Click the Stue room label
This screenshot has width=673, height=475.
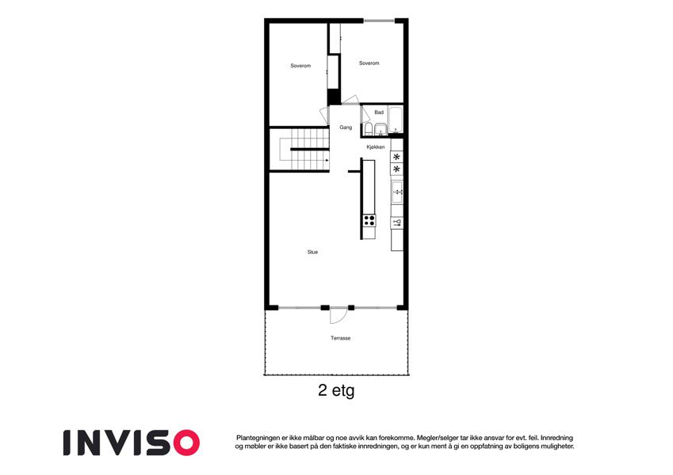[x=312, y=252]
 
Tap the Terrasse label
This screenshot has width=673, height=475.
[x=340, y=338]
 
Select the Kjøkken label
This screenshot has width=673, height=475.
[x=376, y=147]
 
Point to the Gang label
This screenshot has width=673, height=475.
[x=346, y=127]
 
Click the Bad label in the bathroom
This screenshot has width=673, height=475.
[x=379, y=112]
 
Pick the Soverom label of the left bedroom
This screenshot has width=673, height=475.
[x=300, y=66]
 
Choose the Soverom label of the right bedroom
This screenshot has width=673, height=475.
[x=369, y=63]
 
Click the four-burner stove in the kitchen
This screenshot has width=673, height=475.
[x=369, y=220]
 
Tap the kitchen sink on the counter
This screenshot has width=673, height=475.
[x=397, y=192]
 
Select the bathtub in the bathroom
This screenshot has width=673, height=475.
[x=396, y=120]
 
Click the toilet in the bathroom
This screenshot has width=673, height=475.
[x=369, y=129]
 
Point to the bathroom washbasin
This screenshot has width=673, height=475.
[x=380, y=129]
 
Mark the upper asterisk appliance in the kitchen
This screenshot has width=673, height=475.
[x=396, y=157]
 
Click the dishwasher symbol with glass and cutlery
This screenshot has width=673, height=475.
[x=397, y=222]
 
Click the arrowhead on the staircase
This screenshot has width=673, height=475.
[x=327, y=161]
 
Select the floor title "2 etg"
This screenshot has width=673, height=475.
[x=336, y=390]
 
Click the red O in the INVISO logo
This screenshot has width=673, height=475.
[x=186, y=443]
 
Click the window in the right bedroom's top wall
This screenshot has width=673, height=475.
[x=379, y=20]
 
